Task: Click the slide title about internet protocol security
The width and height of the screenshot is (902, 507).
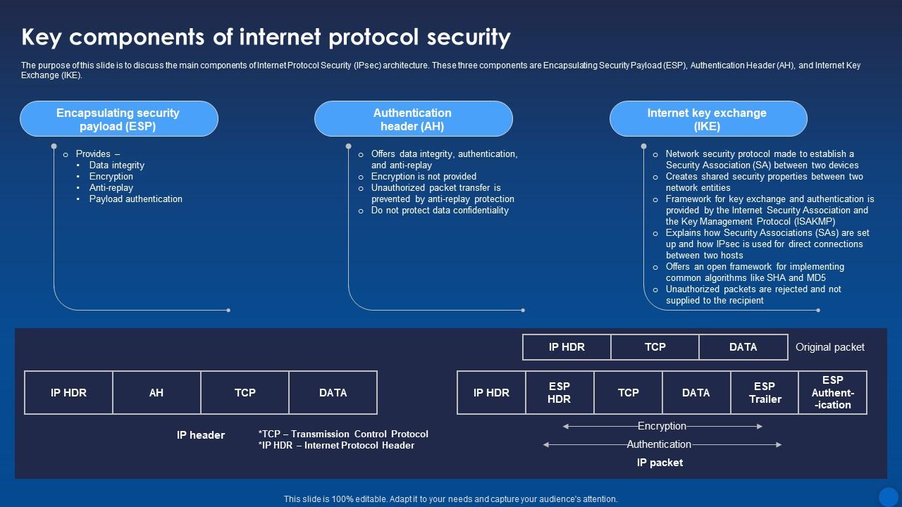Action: [266, 37]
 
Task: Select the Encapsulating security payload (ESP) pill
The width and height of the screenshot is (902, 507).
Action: [118, 119]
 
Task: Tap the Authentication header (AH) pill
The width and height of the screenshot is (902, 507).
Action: [413, 119]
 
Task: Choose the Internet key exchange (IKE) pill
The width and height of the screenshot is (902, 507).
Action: [708, 119]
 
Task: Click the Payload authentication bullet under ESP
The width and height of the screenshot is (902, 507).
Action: [135, 199]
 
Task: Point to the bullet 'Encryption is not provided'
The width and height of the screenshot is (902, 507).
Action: [424, 177]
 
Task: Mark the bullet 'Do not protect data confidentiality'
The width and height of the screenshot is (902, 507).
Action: [440, 211]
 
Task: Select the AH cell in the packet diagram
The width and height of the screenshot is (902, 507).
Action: [156, 393]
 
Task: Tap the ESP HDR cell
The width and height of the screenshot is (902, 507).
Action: [560, 393]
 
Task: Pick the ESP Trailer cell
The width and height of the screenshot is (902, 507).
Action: [765, 393]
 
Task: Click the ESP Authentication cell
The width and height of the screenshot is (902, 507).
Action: [832, 393]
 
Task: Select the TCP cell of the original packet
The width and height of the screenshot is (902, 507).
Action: [655, 347]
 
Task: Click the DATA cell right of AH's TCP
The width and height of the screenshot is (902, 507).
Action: [333, 393]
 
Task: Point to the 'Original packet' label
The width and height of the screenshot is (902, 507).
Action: [829, 347]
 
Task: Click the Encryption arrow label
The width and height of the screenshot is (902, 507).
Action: [662, 426]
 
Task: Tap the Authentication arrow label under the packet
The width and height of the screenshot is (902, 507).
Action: [659, 444]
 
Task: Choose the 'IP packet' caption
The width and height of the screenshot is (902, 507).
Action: [660, 463]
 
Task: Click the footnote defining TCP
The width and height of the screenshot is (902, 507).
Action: [343, 434]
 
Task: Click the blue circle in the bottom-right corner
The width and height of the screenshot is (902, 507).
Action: [888, 496]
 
